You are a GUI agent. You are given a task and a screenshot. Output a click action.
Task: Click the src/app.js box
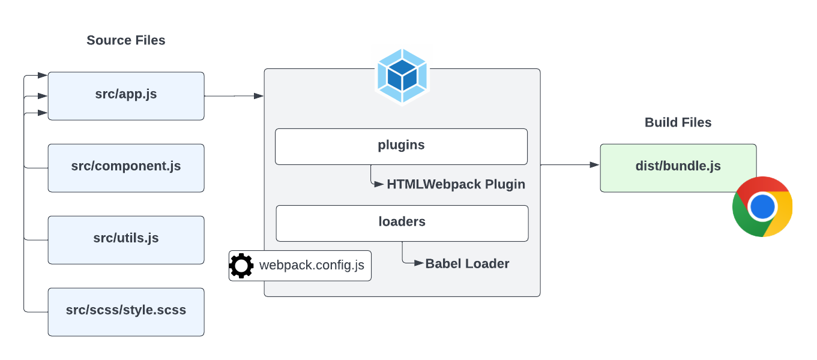[x=126, y=96]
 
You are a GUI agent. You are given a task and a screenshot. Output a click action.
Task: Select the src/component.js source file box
[x=126, y=167]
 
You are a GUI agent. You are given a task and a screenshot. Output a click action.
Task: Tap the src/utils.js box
[x=126, y=239]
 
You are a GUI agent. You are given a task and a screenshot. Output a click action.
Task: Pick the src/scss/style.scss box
[x=126, y=311]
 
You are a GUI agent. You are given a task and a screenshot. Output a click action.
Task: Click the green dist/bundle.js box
[x=678, y=167]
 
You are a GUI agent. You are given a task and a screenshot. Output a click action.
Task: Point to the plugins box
[x=401, y=146]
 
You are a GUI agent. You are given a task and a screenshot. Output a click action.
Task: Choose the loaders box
[x=402, y=223]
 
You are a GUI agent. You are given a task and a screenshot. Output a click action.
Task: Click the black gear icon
[x=241, y=266]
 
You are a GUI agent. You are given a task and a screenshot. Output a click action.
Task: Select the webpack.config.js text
[x=312, y=266]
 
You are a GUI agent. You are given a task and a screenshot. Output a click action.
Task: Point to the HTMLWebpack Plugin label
[x=456, y=185]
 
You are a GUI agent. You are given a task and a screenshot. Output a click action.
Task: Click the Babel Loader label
[x=467, y=264]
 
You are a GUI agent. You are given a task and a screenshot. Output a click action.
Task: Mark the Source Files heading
[x=126, y=40]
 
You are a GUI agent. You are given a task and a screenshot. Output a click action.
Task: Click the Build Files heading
[x=678, y=122]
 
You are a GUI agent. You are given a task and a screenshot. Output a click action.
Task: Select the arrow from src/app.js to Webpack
[x=234, y=96]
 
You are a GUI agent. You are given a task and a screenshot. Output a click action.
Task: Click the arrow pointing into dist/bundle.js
[x=570, y=164]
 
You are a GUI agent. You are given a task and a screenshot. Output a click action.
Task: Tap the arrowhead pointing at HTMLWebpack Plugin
[x=380, y=185]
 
